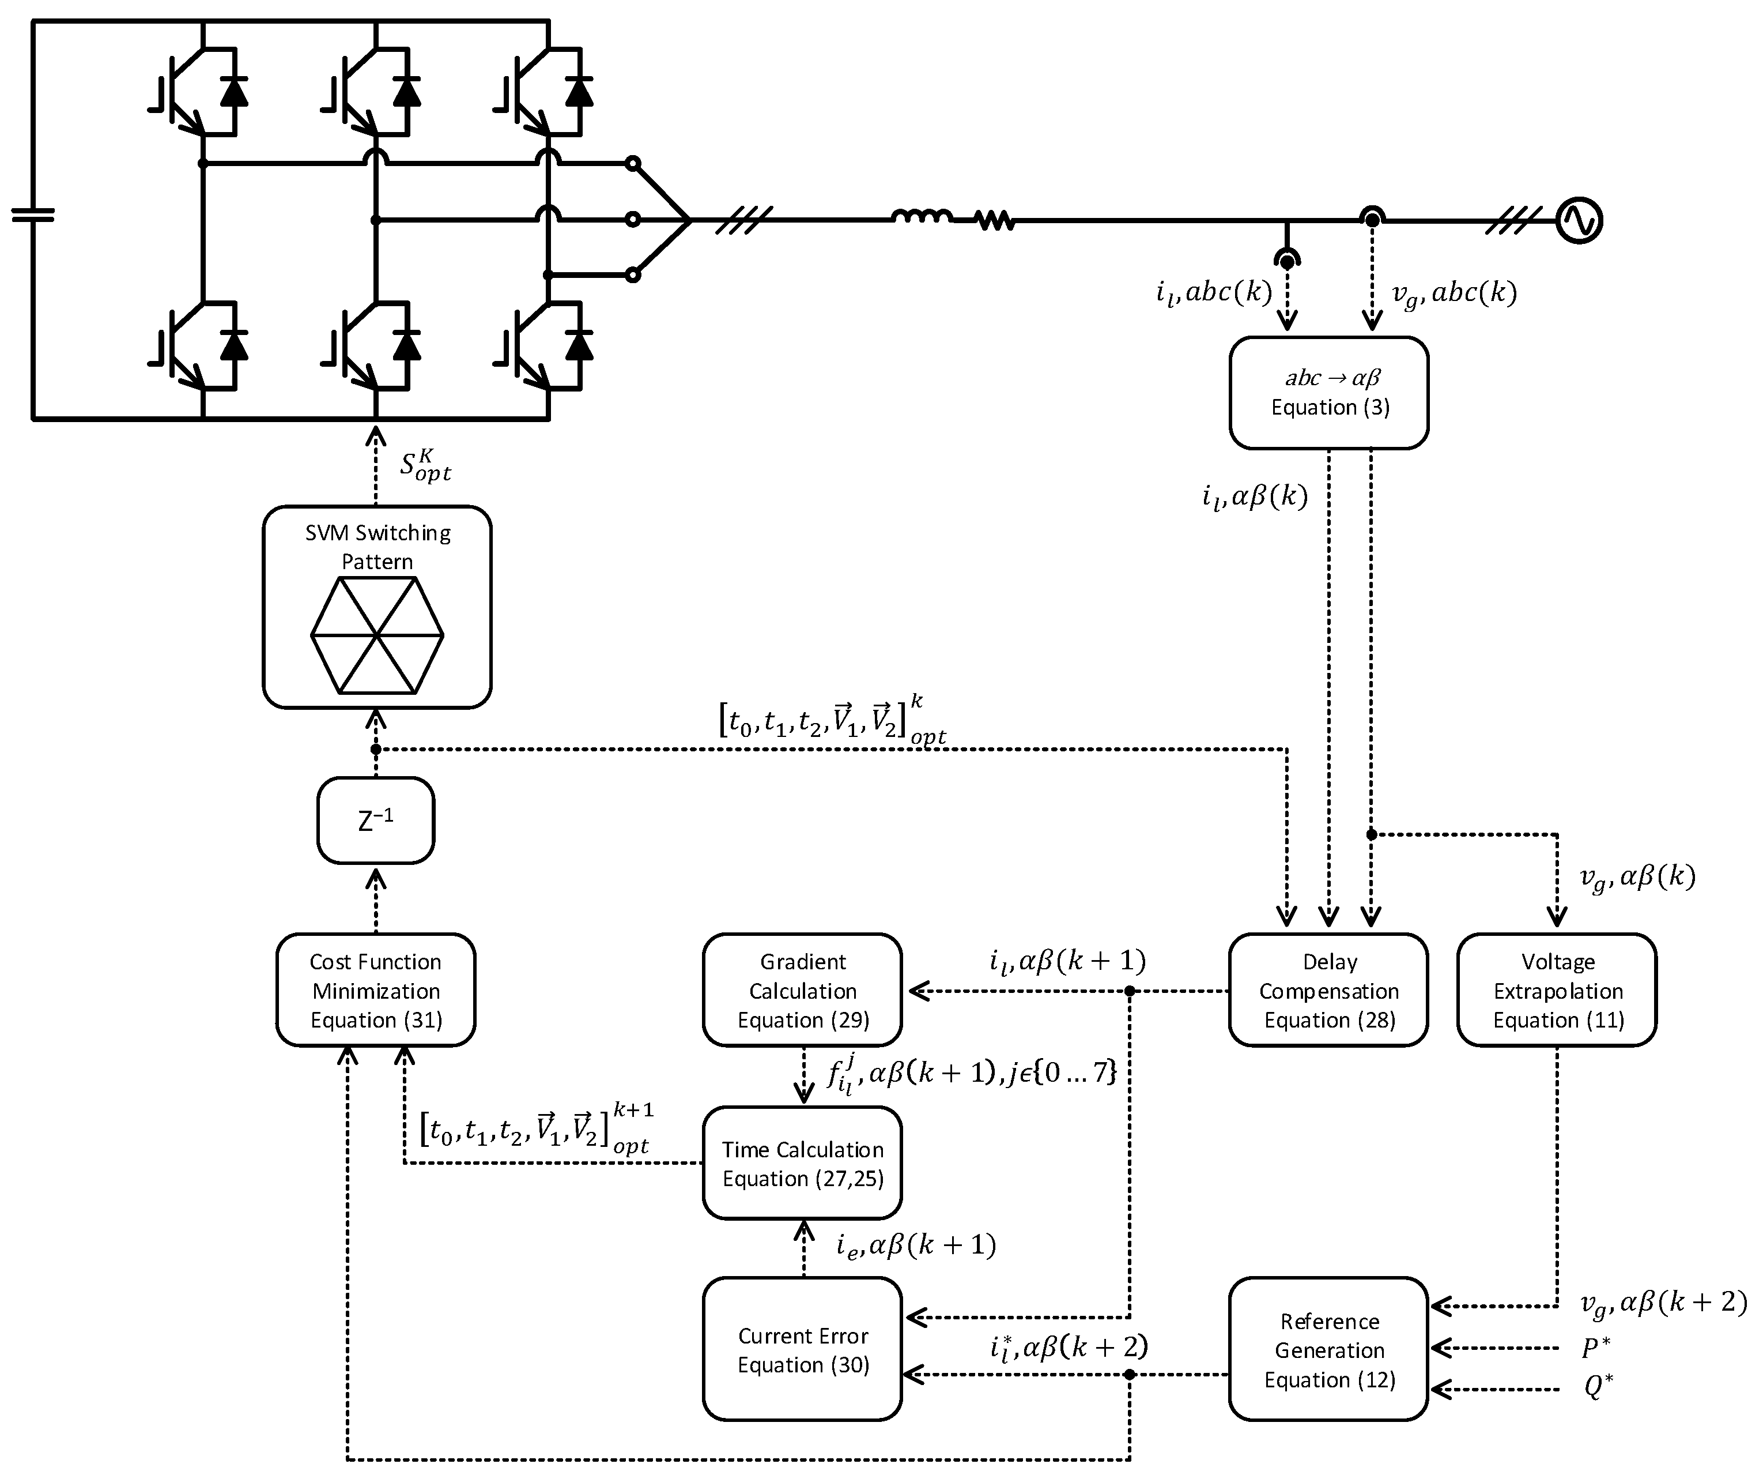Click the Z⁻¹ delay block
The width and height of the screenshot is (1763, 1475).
pos(375,821)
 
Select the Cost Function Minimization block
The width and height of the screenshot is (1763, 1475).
pos(375,990)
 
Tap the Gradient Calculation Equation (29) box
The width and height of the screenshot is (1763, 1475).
pos(803,990)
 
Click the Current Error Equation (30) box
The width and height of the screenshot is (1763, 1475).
pos(803,1350)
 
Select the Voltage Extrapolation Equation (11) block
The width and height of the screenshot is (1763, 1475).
pos(1557,990)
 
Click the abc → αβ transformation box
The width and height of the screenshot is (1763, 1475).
pos(1329,392)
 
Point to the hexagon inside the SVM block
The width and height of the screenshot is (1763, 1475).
pos(377,635)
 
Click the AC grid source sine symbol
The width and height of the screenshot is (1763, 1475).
pos(1579,220)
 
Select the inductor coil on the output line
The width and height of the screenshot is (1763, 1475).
pos(921,217)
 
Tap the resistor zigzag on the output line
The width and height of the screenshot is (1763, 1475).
pos(995,221)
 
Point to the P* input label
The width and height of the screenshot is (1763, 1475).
pos(1595,1349)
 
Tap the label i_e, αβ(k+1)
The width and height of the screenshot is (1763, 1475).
pos(916,1246)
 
